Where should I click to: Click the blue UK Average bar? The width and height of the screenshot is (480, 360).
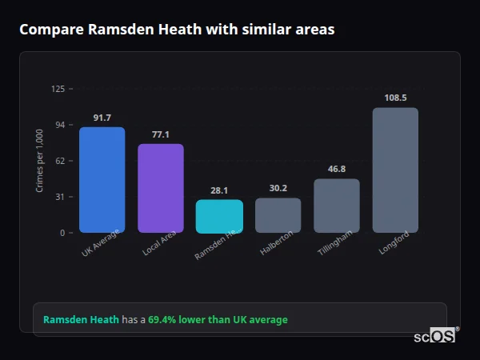tap(102, 180)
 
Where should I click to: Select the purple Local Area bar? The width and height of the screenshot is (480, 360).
tap(161, 188)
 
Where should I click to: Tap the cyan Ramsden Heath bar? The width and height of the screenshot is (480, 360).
tap(219, 216)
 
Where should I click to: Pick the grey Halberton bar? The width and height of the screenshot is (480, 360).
tap(278, 215)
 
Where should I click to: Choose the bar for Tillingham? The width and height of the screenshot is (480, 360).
tap(337, 206)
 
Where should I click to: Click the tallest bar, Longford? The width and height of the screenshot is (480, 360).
tap(395, 170)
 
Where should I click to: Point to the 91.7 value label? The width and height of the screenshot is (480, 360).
tap(102, 118)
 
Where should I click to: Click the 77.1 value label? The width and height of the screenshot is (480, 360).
tap(161, 134)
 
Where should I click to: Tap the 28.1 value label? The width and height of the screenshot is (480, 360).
tap(219, 190)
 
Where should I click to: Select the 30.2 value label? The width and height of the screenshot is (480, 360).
tap(278, 188)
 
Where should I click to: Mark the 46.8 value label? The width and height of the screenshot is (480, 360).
tap(337, 169)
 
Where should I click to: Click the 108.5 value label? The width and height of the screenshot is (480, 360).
tap(395, 98)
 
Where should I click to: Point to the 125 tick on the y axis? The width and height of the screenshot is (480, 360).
tap(58, 89)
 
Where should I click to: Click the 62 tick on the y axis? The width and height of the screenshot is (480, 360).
tap(60, 161)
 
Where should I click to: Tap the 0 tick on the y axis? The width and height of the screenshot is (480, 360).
tap(62, 233)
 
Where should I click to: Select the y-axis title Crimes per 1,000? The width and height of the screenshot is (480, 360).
tap(40, 160)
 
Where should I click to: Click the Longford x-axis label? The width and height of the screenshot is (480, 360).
tap(394, 243)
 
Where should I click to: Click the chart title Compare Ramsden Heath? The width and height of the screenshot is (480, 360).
tap(177, 30)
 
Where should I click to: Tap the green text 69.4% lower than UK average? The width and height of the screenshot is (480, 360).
tap(218, 320)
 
